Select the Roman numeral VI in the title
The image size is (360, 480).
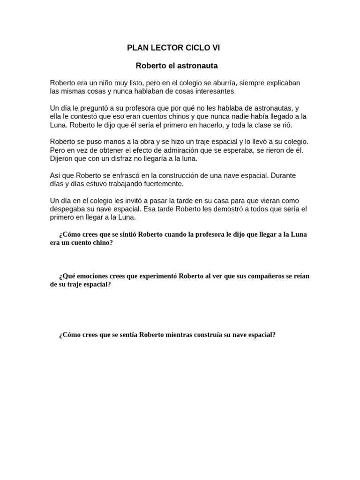point(216,48)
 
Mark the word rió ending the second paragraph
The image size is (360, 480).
point(286,125)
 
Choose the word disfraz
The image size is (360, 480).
point(119,159)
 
